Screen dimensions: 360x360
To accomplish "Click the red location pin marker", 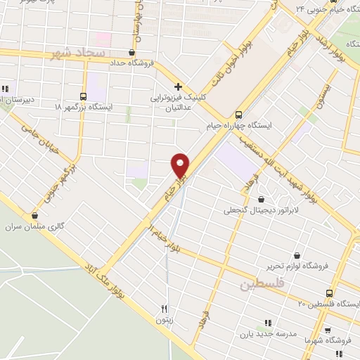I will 181,165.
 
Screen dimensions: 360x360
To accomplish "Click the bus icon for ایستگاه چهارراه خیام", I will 238,113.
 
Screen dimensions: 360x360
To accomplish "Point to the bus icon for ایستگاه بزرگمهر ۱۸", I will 84,96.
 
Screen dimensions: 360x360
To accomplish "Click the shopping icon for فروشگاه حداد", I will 132,52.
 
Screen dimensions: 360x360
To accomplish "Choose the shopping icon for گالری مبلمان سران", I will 35,215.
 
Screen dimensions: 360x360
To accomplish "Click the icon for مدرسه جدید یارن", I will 267,323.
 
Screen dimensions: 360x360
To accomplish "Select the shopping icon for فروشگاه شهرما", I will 327,328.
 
